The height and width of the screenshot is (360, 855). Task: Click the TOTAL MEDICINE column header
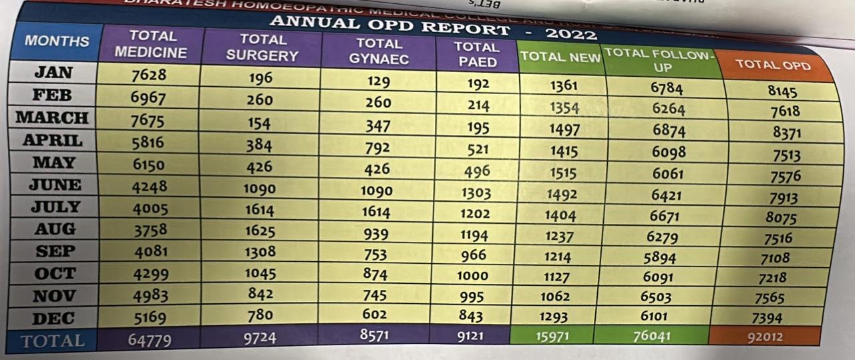pos(152,44)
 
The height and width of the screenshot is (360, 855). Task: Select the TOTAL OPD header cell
pos(773,65)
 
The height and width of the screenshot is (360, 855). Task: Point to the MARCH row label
pos(52,118)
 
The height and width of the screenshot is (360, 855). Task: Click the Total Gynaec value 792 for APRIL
pos(377,148)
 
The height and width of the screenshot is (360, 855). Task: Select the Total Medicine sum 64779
pos(149,340)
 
